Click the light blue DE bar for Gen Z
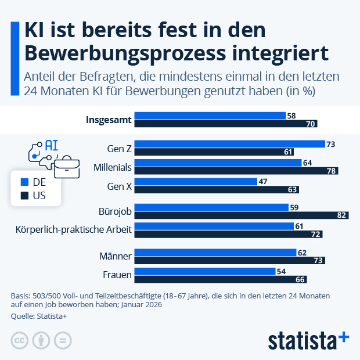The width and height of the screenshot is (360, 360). point(229,144)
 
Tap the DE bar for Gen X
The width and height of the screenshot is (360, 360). point(195,182)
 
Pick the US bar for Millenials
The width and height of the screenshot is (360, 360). point(236,171)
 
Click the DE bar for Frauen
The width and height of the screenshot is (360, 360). point(204,271)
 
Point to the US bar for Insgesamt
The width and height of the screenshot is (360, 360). point(225,124)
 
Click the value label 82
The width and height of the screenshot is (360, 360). point(343,215)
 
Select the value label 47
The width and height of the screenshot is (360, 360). point(262,182)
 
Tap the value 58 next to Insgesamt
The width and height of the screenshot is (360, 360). point(291,116)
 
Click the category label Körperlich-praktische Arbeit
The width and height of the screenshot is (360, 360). point(74,230)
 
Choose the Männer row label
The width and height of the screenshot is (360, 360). point(116,256)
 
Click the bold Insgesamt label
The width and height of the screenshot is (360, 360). point(109,120)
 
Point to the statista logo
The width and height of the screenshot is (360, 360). point(308,340)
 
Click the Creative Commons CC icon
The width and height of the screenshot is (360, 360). point(20,341)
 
